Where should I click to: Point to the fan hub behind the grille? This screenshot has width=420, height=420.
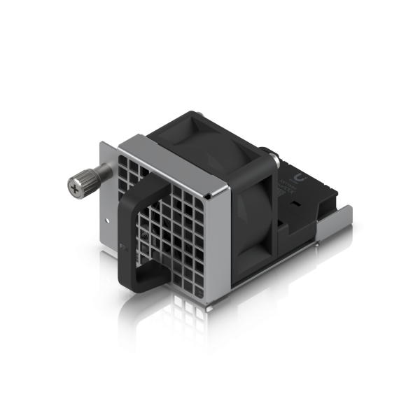point(175,224)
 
